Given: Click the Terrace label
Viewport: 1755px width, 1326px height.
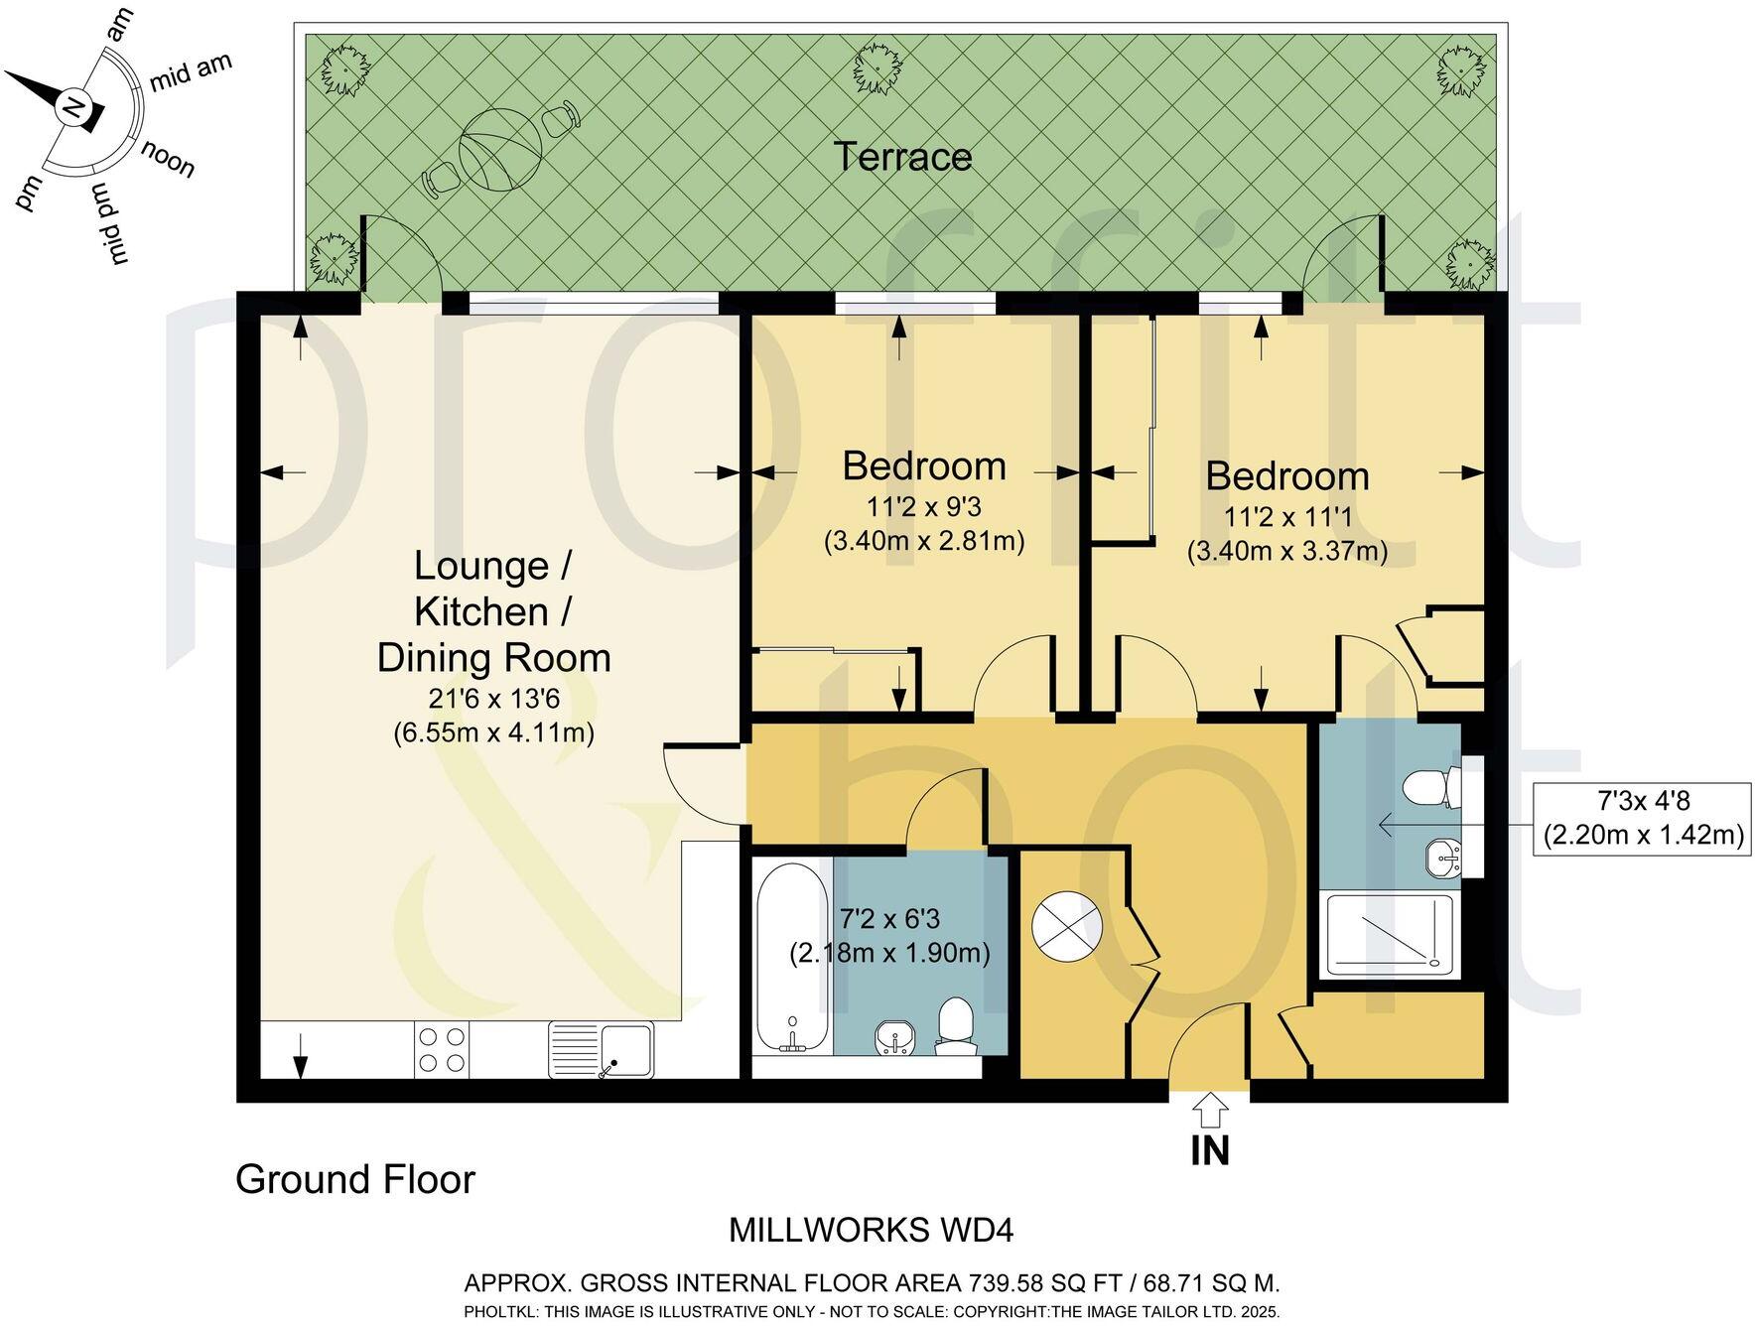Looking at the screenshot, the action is pyautogui.click(x=902, y=157).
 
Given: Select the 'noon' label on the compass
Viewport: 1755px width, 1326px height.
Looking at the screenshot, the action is pyautogui.click(x=167, y=159).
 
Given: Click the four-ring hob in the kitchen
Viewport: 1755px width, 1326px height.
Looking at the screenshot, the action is pyautogui.click(x=442, y=1049).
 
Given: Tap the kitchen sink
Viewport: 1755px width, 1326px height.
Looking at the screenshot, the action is pyautogui.click(x=601, y=1050).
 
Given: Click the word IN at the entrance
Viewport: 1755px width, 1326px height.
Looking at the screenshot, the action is pyautogui.click(x=1210, y=1150).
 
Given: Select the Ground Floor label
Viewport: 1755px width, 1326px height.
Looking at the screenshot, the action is pyautogui.click(x=355, y=1180).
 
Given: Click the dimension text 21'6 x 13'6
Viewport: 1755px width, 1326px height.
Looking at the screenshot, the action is pyautogui.click(x=494, y=699).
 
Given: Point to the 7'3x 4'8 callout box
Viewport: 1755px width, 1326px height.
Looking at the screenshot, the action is pyautogui.click(x=1642, y=819).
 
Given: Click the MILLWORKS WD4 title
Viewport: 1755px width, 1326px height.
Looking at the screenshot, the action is pyautogui.click(x=872, y=1231).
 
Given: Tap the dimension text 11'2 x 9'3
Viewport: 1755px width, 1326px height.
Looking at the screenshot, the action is pyautogui.click(x=924, y=507).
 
